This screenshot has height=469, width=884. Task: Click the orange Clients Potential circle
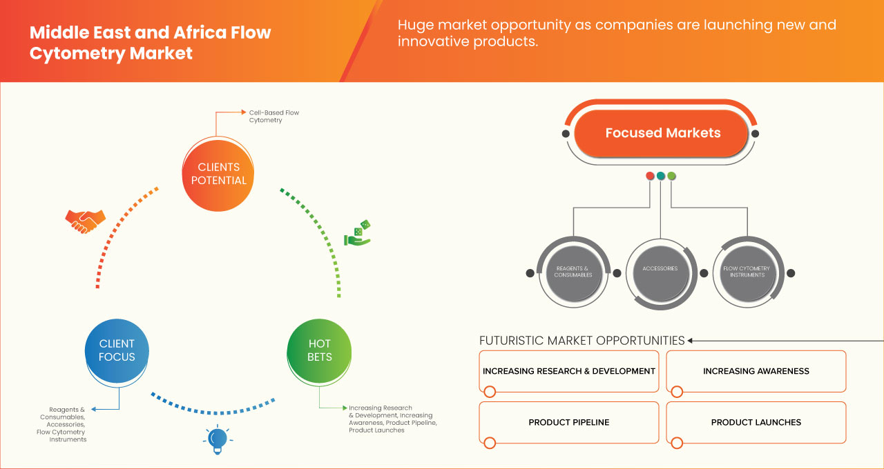click(x=218, y=173)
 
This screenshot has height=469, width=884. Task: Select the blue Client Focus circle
click(x=117, y=350)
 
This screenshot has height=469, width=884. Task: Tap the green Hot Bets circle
click(x=319, y=350)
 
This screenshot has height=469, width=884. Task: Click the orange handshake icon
click(x=85, y=221)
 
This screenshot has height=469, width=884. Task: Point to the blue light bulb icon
click(x=218, y=439)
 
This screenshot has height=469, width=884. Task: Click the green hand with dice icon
click(x=358, y=234)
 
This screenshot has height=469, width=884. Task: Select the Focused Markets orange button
click(x=662, y=133)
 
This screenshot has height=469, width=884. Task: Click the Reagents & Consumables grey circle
click(x=573, y=272)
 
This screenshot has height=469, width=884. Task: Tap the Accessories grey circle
click(x=660, y=270)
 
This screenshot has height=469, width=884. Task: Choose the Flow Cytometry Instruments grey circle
click(x=747, y=272)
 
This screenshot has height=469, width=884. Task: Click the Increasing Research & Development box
click(x=568, y=371)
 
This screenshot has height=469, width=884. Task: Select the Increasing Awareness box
click(x=756, y=371)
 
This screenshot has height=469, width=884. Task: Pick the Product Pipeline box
click(x=568, y=422)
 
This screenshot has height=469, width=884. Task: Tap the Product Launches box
click(x=756, y=422)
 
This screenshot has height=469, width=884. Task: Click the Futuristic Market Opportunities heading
click(x=582, y=341)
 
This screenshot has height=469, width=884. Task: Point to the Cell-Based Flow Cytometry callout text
click(x=274, y=116)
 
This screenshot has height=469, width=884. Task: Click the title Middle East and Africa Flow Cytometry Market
click(x=150, y=43)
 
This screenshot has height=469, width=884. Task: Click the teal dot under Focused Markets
click(x=661, y=176)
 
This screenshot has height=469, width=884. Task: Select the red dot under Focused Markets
click(x=650, y=176)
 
